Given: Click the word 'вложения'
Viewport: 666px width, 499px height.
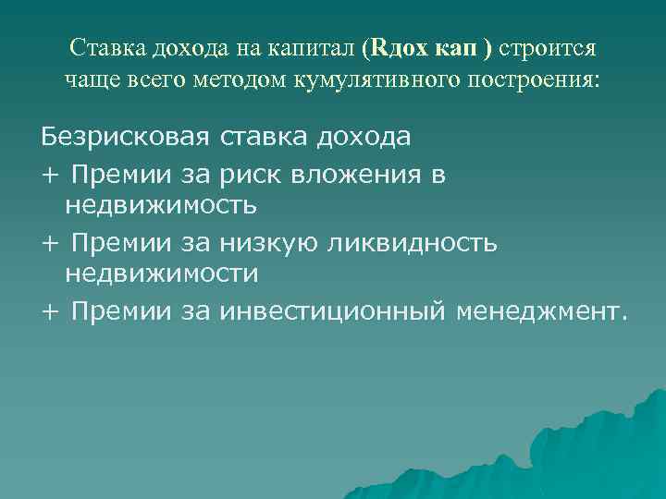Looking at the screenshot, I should click(x=381, y=174).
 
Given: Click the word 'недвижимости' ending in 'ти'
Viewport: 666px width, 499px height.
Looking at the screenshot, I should click(x=161, y=273).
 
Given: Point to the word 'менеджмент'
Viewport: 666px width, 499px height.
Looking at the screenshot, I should click(x=536, y=311).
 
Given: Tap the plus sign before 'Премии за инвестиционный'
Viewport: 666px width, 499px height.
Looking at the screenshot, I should click(x=50, y=312).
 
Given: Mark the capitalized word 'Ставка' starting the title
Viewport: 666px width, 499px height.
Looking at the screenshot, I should click(x=105, y=47).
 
